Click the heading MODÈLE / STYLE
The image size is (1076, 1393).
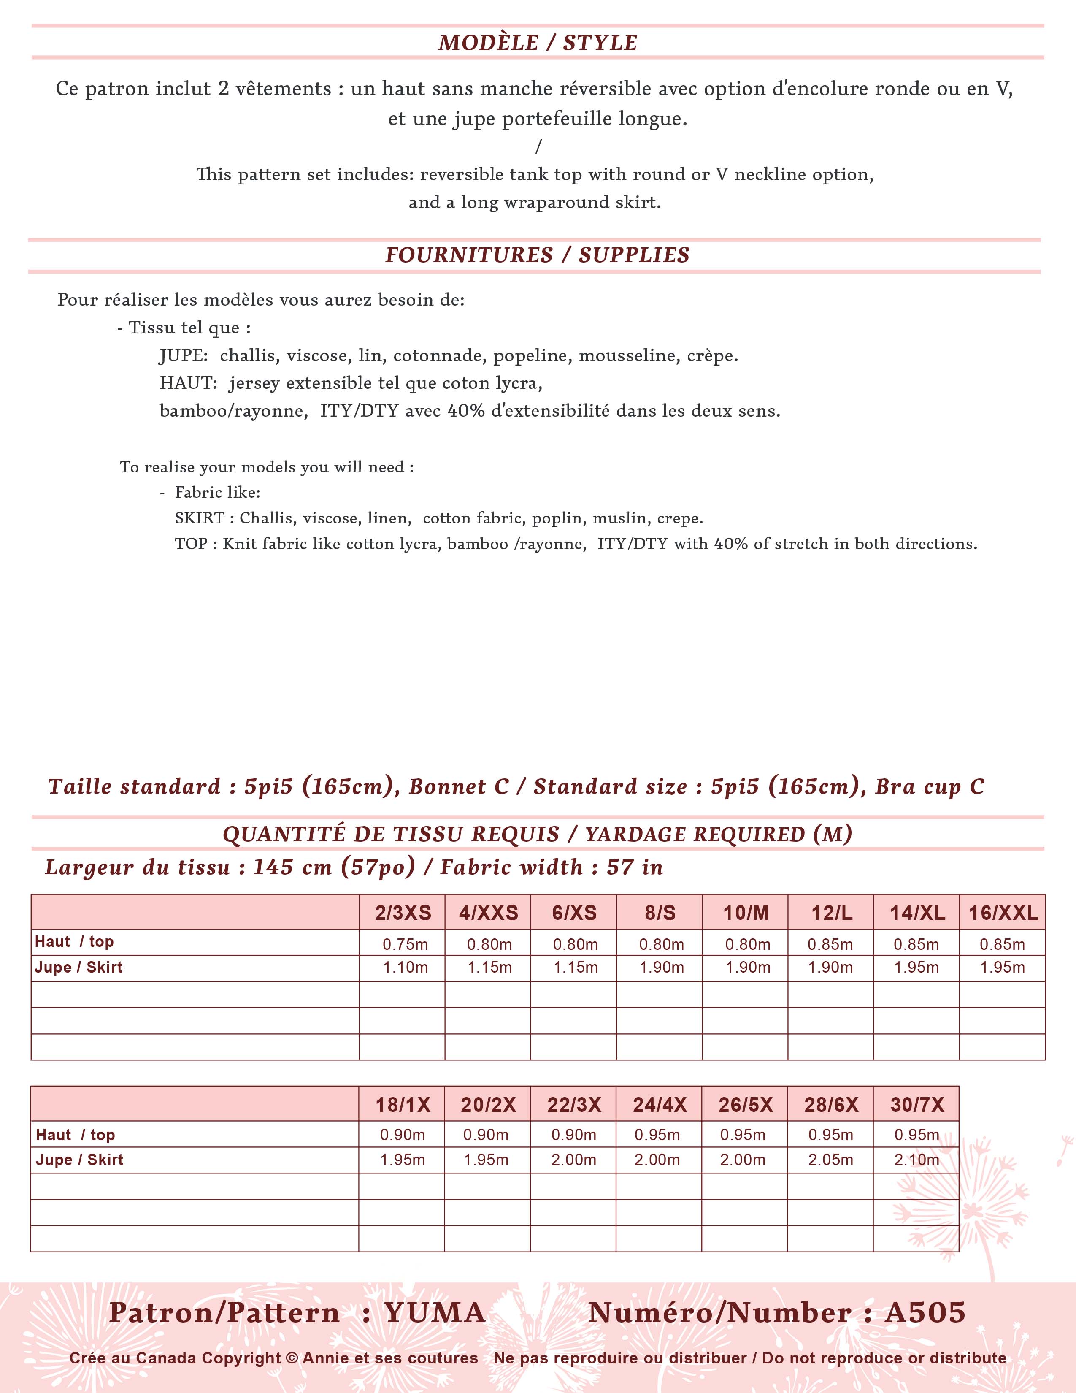pos(537,43)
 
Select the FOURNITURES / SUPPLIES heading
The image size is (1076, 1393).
pos(537,255)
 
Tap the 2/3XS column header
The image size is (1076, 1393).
pos(403,913)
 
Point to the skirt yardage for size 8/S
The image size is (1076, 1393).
pos(662,968)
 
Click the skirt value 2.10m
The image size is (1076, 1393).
pos(916,1160)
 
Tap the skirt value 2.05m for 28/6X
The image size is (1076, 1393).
pos(830,1160)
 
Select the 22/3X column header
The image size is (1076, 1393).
pos(574,1105)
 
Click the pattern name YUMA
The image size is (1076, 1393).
pos(435,1313)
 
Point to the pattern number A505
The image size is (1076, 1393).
pos(925,1313)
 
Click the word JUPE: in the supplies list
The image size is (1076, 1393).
pos(184,356)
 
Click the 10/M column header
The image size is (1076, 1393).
pos(746,913)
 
